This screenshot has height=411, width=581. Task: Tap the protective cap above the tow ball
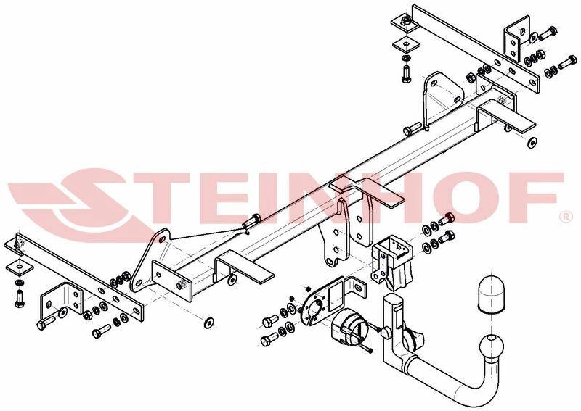click(492, 292)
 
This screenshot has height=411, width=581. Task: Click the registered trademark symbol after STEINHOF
click(567, 217)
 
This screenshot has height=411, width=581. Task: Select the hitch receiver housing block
click(391, 261)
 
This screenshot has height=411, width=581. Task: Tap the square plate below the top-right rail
click(406, 44)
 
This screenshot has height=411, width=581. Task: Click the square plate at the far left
click(20, 266)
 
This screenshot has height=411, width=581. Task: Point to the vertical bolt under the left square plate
click(20, 299)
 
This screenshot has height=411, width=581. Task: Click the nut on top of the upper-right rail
click(407, 20)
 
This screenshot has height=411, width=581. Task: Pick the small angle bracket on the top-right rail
click(516, 38)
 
